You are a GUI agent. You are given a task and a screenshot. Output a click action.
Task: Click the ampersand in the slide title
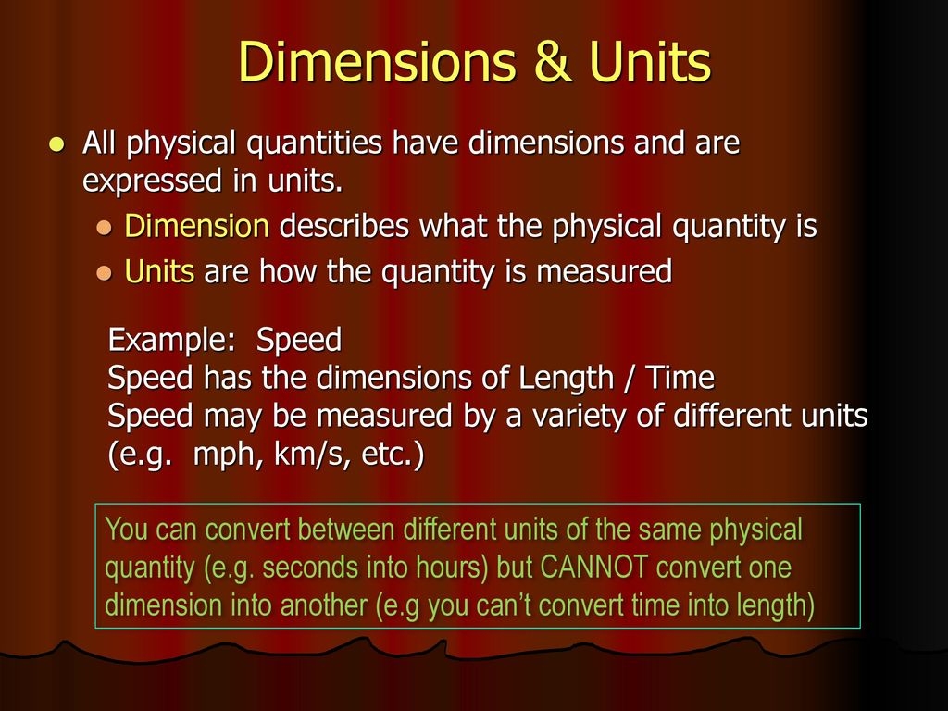pos(553,61)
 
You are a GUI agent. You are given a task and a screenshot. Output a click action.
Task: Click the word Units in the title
pos(650,61)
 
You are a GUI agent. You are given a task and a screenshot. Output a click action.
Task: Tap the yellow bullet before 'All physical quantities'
pos(56,144)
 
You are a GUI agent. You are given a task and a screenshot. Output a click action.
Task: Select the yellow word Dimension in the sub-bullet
pos(196,226)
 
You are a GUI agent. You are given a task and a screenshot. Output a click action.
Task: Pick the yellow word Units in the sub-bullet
pos(159,271)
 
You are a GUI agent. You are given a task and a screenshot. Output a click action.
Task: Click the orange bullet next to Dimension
pos(104,228)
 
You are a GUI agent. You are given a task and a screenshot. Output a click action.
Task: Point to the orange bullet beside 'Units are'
pos(104,273)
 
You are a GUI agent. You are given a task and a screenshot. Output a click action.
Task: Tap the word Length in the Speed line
pos(567,378)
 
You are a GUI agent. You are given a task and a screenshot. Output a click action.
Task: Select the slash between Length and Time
pos(630,379)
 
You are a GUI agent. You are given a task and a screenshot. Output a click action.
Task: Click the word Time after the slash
pos(680,378)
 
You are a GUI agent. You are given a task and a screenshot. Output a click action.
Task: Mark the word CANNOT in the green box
pos(593,568)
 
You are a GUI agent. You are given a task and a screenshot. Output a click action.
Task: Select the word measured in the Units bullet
pos(604,271)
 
